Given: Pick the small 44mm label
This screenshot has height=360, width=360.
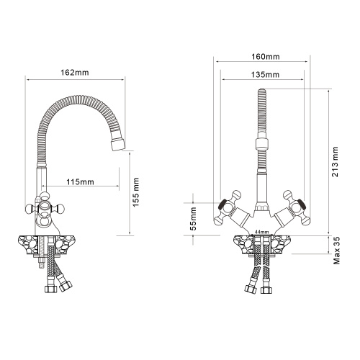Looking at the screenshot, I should click(x=261, y=232).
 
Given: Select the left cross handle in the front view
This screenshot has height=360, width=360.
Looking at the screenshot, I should click(x=226, y=207).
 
